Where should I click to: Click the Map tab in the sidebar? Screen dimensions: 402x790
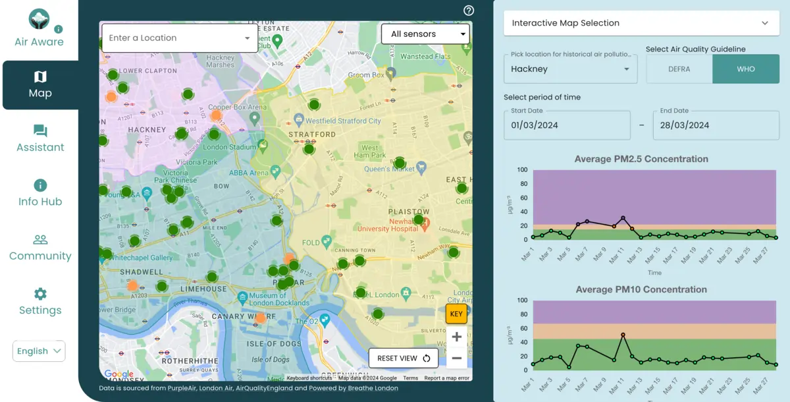click(40, 85)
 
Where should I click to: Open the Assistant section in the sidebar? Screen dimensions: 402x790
click(40, 139)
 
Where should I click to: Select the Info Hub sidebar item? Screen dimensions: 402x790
click(40, 193)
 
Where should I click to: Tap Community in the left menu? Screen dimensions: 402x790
click(40, 248)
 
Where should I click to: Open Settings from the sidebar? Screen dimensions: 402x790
click(40, 302)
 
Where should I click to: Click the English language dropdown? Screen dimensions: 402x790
click(39, 351)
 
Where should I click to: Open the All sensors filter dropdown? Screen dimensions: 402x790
click(425, 34)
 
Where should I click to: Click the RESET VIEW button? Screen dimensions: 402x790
click(404, 359)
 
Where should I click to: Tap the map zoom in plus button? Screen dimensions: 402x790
click(456, 337)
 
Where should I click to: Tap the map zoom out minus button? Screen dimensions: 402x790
click(456, 359)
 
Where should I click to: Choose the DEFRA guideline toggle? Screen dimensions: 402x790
click(679, 69)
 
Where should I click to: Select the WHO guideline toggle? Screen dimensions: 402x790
click(745, 69)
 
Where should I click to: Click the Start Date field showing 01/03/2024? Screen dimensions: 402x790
click(567, 125)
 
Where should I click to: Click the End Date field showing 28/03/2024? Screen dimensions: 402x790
click(716, 125)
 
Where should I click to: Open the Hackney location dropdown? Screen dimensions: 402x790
click(570, 69)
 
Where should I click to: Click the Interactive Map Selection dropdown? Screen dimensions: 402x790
click(641, 23)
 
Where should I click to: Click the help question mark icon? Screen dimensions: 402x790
click(469, 11)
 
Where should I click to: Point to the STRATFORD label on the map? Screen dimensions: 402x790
click(312, 134)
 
